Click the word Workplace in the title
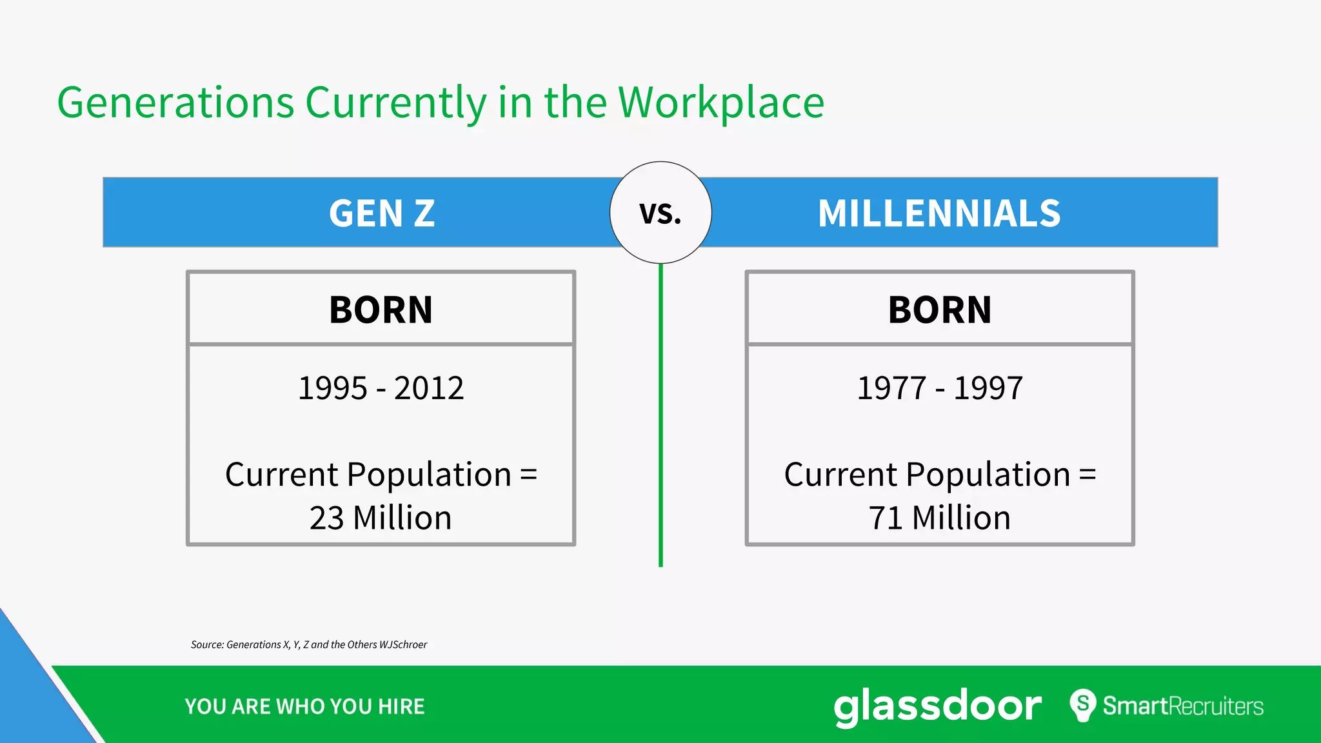[x=721, y=103]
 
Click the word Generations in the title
[x=175, y=103]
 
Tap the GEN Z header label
[x=382, y=213]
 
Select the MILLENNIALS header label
[x=939, y=213]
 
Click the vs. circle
[x=660, y=213]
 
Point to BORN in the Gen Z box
[x=381, y=310]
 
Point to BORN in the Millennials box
[x=940, y=310]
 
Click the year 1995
[x=333, y=388]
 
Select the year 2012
[x=429, y=388]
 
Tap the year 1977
[x=891, y=388]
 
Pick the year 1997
[x=988, y=388]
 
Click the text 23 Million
[x=381, y=518]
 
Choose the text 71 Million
[x=940, y=518]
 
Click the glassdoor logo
[x=937, y=706]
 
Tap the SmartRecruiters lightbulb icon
[x=1083, y=705]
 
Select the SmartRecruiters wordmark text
[x=1183, y=706]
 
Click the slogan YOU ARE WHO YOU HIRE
[x=304, y=707]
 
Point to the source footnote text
[x=309, y=644]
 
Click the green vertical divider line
[x=660, y=419]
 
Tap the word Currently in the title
[x=395, y=103]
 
